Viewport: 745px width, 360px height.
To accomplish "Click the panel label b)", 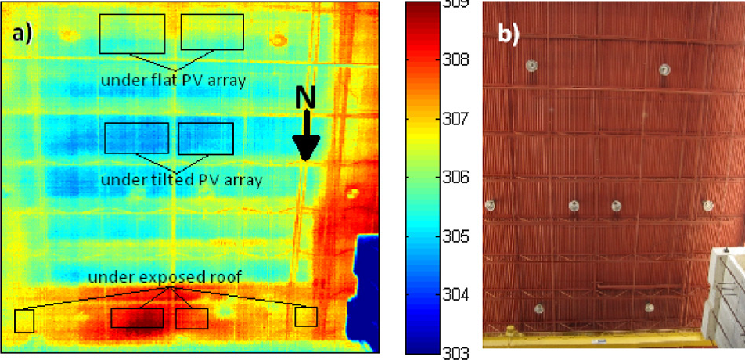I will coord(511,36).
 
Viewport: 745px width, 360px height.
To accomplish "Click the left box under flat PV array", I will coord(132,34).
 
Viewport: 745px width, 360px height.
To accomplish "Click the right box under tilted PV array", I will coord(206,138).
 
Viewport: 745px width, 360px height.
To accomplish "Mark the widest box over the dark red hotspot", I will coord(137,318).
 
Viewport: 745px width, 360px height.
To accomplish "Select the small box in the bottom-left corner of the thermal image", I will coord(24,321).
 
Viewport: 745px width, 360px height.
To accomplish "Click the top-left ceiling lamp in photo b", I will coord(531,66).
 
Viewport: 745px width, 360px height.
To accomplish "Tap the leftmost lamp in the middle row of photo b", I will coord(491,206).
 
